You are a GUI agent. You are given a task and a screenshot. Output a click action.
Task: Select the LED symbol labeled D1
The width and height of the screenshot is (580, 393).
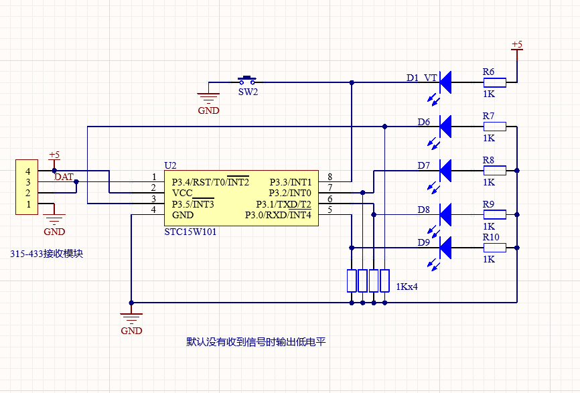pyautogui.click(x=445, y=82)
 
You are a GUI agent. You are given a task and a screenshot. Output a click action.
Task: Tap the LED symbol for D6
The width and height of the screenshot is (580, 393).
pyautogui.click(x=445, y=125)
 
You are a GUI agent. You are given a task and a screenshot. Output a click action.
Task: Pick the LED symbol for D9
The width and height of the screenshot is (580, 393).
pyautogui.click(x=445, y=247)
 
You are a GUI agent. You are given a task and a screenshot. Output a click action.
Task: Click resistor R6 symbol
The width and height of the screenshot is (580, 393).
pyautogui.click(x=495, y=82)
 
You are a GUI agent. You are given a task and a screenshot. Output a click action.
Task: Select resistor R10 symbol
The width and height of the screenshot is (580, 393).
pyautogui.click(x=495, y=248)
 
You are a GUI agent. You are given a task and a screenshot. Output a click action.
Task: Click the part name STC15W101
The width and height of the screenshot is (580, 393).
pyautogui.click(x=190, y=232)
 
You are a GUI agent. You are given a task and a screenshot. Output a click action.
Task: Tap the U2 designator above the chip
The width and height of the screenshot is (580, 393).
pyautogui.click(x=170, y=165)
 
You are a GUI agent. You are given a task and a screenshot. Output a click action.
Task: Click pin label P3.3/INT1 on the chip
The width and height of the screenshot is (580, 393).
pyautogui.click(x=291, y=182)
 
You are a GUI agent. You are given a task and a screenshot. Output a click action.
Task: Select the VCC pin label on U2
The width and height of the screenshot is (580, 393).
pyautogui.click(x=183, y=193)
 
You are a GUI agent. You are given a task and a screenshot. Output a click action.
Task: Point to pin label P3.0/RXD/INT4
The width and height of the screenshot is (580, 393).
pyautogui.click(x=278, y=215)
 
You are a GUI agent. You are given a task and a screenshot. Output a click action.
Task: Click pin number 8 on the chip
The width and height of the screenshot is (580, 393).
pyautogui.click(x=330, y=177)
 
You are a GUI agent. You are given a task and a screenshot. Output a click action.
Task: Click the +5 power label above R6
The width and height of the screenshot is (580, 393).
pyautogui.click(x=516, y=45)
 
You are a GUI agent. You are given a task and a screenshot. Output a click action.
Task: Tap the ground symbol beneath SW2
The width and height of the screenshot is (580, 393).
pyautogui.click(x=209, y=100)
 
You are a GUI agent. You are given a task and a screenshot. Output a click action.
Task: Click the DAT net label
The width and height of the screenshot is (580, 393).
pyautogui.click(x=64, y=177)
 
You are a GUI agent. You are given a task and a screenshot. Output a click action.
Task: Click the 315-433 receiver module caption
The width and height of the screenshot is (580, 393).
pyautogui.click(x=46, y=254)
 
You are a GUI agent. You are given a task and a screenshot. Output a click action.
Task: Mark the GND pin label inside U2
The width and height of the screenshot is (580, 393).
pyautogui.click(x=183, y=216)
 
